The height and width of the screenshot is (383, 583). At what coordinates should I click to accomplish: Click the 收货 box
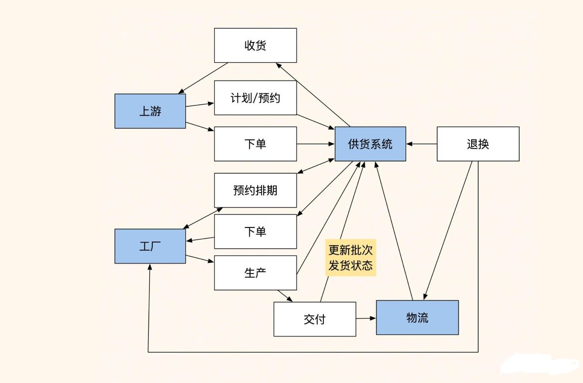pos(256,46)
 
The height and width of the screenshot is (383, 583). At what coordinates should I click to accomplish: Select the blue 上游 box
pos(150,111)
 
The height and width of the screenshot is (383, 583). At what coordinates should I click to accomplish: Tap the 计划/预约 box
pos(256,98)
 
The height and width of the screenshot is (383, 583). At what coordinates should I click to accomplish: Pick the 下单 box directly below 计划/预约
pos(256,144)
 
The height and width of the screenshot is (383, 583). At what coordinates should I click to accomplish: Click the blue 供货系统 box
pos(370,144)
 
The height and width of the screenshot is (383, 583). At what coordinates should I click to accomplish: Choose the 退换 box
pos(478,144)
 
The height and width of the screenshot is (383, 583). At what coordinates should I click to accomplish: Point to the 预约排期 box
pos(256,190)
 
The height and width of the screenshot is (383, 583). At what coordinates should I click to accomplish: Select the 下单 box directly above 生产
pos(256,232)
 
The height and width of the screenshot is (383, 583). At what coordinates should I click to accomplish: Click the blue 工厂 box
pos(150,246)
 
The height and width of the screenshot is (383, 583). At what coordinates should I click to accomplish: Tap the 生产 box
pos(256,273)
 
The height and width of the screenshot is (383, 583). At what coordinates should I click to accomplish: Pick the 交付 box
pos(315,319)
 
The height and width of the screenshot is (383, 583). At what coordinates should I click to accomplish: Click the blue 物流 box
pos(418,318)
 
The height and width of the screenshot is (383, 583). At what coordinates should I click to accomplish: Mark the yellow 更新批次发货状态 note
pos(351,257)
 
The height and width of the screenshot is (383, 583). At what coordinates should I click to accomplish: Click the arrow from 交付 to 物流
pos(366,318)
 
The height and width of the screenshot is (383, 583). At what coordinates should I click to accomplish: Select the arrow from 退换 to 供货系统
pos(422,144)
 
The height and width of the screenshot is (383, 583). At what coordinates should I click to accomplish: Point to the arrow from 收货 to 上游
pos(203,78)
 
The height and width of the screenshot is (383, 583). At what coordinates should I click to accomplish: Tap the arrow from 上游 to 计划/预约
pos(200,104)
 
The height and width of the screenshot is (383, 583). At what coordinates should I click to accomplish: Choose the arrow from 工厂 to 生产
pos(200,259)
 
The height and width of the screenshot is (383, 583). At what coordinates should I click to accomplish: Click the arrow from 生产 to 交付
pos(285,296)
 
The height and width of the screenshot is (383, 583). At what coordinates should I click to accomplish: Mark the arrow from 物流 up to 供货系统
pos(394,231)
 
